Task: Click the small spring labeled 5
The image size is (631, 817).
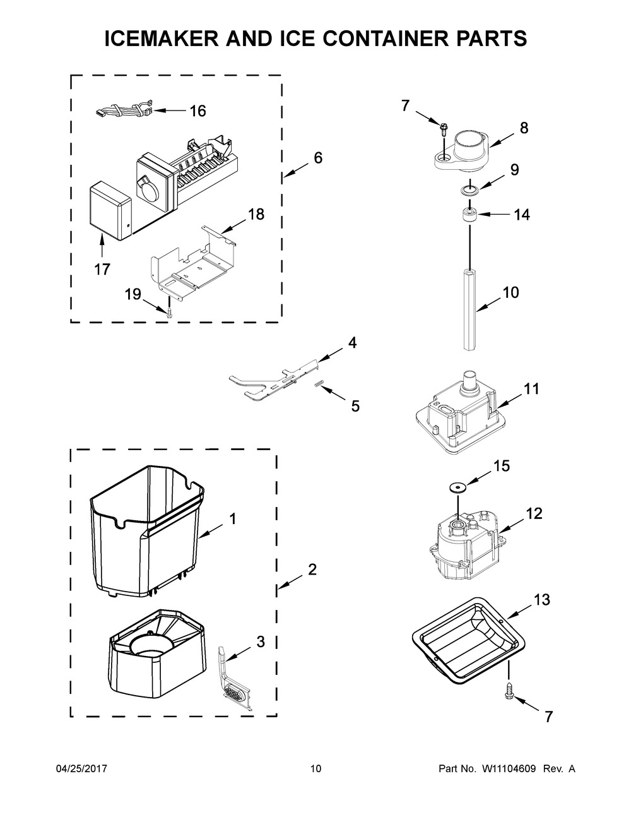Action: click(318, 384)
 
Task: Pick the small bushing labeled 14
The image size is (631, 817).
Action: click(469, 216)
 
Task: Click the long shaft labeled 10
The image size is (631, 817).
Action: click(470, 309)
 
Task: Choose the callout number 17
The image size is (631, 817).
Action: click(102, 269)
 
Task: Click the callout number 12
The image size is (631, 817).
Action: click(534, 513)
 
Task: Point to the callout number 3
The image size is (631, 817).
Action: click(261, 642)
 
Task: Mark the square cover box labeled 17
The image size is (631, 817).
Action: click(110, 212)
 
